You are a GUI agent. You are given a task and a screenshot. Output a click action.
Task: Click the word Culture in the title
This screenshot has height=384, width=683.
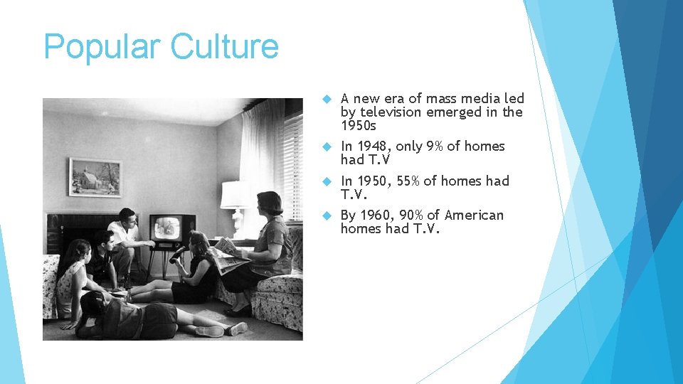point(225,47)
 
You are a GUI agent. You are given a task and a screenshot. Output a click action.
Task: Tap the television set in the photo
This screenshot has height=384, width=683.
point(171,229)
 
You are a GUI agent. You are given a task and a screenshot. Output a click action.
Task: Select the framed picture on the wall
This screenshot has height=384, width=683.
point(95,176)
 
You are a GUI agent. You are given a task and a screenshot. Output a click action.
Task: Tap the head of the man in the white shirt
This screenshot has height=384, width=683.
point(127,215)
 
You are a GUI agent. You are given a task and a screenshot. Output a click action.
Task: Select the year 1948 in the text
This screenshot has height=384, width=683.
point(375,146)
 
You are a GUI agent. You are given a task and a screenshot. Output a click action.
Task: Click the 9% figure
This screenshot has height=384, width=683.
point(434,146)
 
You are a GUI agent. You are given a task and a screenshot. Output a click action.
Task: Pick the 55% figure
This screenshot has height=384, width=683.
point(408,181)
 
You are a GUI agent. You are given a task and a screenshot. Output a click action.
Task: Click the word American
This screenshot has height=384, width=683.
point(474,215)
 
